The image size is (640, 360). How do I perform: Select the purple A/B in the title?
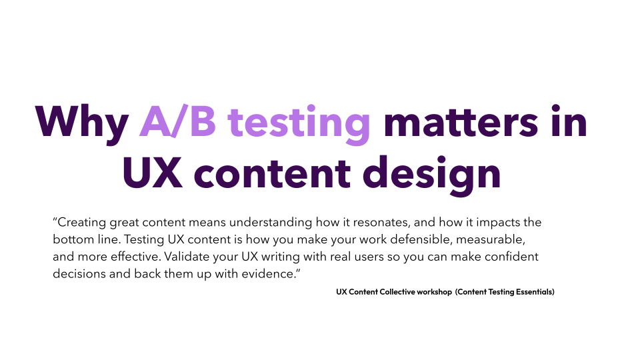coord(177,121)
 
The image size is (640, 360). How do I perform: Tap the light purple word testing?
coord(299,125)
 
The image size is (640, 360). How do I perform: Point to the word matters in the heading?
coord(461,121)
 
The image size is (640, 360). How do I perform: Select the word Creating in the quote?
coord(81,223)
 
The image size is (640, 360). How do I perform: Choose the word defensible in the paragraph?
coord(421,239)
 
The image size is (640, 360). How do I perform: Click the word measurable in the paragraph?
coord(490,239)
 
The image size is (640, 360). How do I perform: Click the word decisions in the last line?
coord(79,273)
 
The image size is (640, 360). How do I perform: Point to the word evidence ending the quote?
coord(268,273)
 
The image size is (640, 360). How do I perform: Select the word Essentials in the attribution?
coord(535,292)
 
